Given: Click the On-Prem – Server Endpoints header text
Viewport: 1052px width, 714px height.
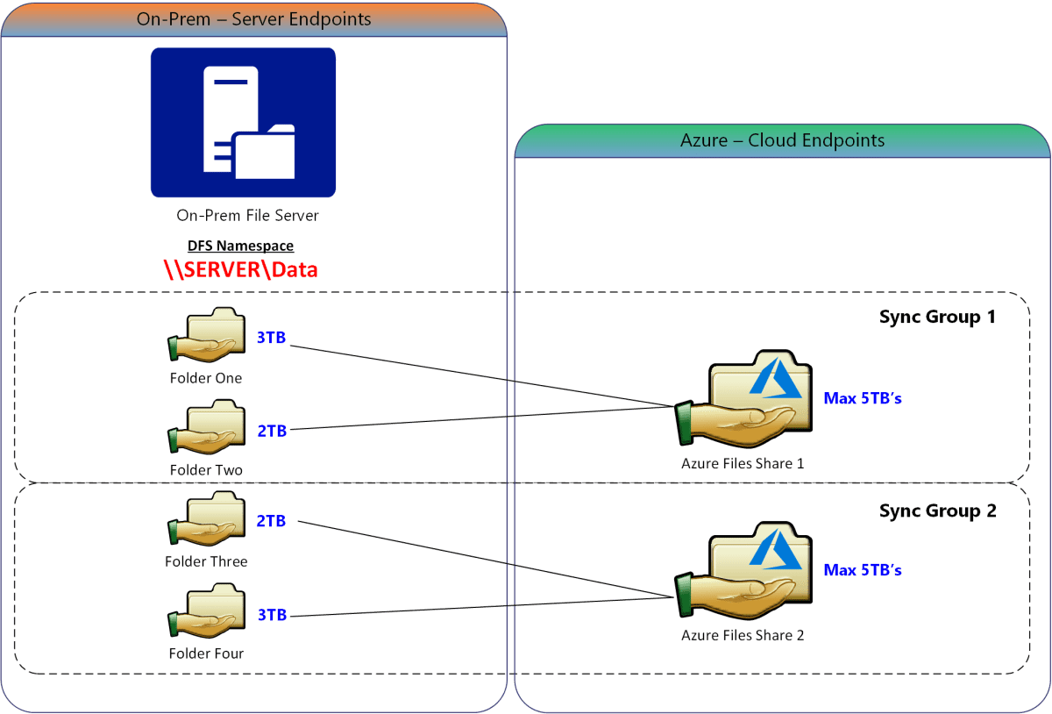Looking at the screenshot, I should (x=254, y=19).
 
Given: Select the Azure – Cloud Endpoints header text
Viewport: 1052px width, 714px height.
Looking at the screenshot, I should (x=782, y=140).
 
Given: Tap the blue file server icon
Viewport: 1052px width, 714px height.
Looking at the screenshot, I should (x=243, y=123).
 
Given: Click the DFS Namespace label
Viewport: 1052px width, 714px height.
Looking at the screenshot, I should (x=241, y=246).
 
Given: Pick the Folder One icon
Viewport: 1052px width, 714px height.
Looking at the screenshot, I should (x=207, y=337).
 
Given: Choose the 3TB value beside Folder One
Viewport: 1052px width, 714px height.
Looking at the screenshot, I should (x=271, y=338).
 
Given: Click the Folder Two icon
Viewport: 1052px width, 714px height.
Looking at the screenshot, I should (x=207, y=429).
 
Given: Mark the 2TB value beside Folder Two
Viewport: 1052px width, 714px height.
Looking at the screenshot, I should (x=271, y=430).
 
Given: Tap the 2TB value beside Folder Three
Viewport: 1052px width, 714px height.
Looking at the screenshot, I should (x=271, y=521).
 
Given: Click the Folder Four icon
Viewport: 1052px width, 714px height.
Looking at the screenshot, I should (x=207, y=613).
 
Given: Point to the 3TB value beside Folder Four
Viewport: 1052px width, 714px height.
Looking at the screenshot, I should (x=271, y=615).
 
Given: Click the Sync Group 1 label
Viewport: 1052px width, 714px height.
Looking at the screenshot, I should (x=937, y=318).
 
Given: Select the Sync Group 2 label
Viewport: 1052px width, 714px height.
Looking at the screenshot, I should (x=937, y=511).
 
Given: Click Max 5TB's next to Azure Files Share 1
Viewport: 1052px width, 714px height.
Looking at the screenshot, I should (x=863, y=399).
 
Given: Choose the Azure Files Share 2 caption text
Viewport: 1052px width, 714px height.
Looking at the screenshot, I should (x=743, y=635).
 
